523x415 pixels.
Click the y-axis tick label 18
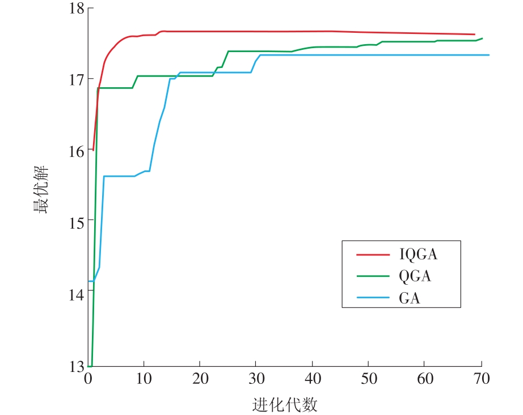tap(77, 8)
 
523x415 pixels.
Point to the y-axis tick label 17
tap(77, 79)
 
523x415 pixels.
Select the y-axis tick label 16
tap(77, 151)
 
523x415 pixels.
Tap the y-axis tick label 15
tap(77, 222)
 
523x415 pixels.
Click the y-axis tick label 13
tap(77, 366)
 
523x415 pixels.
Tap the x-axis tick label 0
tap(88, 379)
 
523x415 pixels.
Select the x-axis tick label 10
tap(144, 379)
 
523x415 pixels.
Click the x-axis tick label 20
tap(200, 379)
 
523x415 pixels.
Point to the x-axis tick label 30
tap(256, 379)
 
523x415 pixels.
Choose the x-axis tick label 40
tap(313, 379)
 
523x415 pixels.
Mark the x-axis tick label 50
tap(369, 379)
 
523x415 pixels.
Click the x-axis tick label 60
tap(425, 379)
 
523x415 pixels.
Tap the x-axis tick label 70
tap(481, 379)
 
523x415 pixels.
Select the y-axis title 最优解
tap(40, 190)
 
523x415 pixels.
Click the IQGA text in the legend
tap(418, 254)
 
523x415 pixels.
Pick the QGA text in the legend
tap(415, 276)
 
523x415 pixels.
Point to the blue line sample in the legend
tap(373, 297)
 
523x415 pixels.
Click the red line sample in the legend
tap(373, 254)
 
